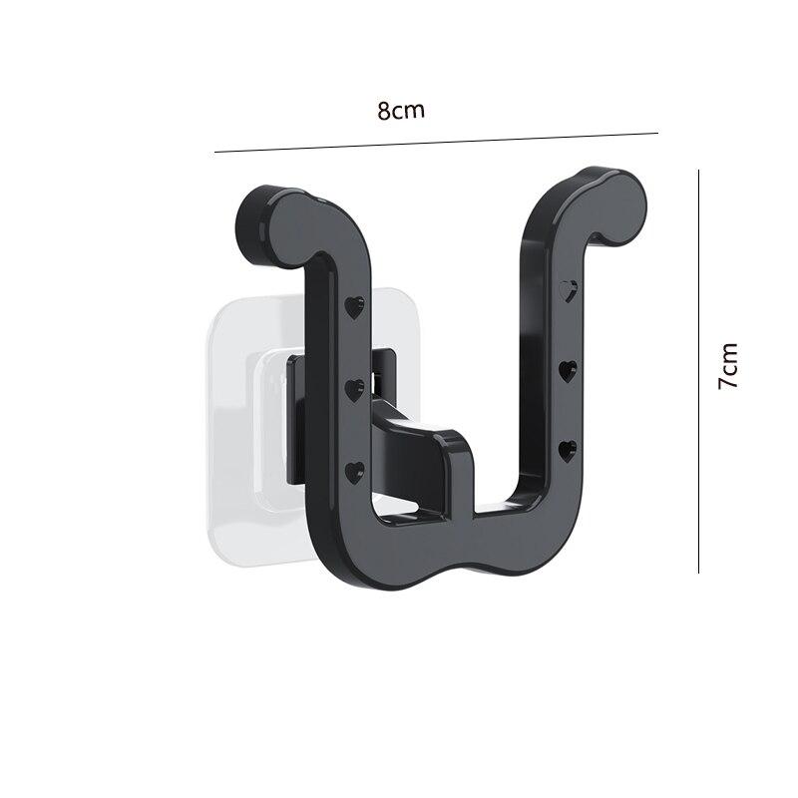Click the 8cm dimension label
tap(401, 111)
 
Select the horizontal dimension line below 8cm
tap(437, 143)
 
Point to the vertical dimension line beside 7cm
tap(699, 371)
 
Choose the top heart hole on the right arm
tap(570, 290)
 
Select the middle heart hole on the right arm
tap(569, 372)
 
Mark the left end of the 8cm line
tap(215, 152)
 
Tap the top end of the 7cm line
tap(699, 170)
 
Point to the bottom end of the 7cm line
tap(699, 573)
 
